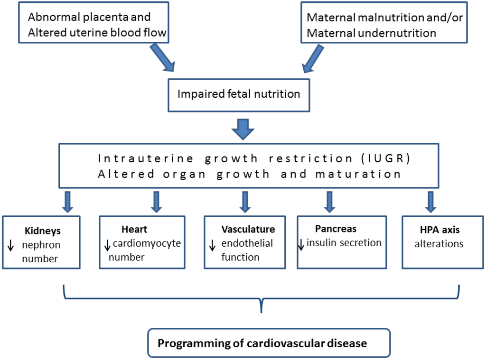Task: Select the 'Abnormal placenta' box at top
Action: click(x=93, y=24)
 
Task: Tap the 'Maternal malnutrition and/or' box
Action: click(x=384, y=25)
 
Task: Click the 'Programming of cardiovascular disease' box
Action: click(x=262, y=343)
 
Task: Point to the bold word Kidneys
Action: click(x=42, y=231)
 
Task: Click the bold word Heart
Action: click(x=134, y=230)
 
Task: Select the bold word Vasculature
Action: click(x=248, y=230)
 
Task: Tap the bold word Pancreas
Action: click(x=335, y=229)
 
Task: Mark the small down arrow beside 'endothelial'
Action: click(x=213, y=245)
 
